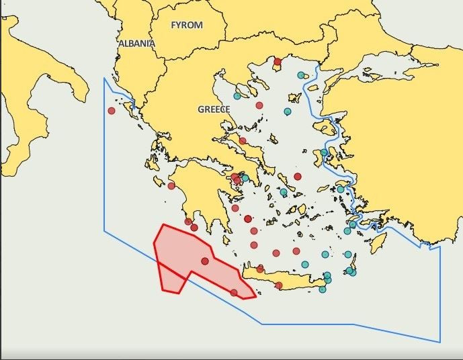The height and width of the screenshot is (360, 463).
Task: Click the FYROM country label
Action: pyautogui.click(x=186, y=25)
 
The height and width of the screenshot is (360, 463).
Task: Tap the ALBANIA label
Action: pyautogui.click(x=136, y=43)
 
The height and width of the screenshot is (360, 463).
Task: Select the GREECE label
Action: pyautogui.click(x=214, y=109)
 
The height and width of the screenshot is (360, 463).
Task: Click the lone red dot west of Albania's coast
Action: pyautogui.click(x=112, y=111)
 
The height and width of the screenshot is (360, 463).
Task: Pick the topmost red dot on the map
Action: pyautogui.click(x=277, y=62)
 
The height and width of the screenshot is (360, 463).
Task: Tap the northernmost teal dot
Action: pyautogui.click(x=301, y=75)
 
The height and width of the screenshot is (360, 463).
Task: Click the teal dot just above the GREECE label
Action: pyautogui.click(x=237, y=96)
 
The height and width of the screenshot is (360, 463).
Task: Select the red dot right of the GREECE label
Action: pyautogui.click(x=259, y=105)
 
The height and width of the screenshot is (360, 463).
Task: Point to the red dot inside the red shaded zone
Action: pyautogui.click(x=205, y=261)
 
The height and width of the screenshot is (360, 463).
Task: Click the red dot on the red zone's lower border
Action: pyautogui.click(x=234, y=292)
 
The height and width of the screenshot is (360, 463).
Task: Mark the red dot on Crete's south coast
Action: pyautogui.click(x=279, y=285)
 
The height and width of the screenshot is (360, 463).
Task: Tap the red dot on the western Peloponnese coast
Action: pyautogui.click(x=171, y=186)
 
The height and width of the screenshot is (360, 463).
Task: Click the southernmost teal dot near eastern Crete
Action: pyautogui.click(x=323, y=289)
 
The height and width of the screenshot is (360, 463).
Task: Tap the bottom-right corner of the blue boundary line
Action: pyautogui.click(x=440, y=342)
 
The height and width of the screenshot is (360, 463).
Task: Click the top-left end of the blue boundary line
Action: pyautogui.click(x=104, y=79)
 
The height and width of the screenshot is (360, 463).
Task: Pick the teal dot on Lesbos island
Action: pyautogui.click(x=325, y=152)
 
